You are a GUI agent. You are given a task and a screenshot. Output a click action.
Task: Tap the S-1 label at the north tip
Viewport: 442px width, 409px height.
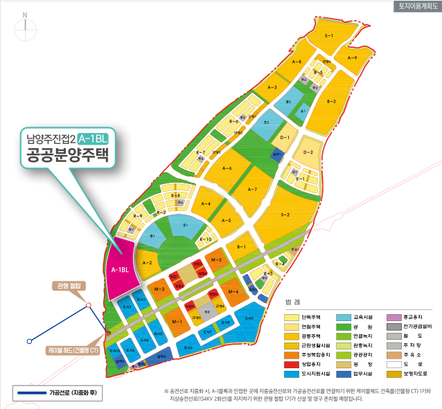(x=329, y=35)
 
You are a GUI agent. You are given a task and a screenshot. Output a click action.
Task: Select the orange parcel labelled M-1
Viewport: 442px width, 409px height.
(x=177, y=322)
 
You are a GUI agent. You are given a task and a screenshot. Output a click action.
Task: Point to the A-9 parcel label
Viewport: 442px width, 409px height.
(x=351, y=58)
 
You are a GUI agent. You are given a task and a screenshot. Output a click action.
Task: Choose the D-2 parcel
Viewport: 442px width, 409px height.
(x=308, y=152)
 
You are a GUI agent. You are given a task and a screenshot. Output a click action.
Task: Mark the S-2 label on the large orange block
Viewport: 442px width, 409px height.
(x=285, y=215)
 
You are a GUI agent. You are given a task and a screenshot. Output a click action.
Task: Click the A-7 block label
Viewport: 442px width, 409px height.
(x=252, y=189)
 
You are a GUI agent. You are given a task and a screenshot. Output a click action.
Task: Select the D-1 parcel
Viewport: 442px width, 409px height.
(x=284, y=138)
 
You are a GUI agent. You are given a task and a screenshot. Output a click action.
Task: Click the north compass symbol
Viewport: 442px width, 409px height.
(x=25, y=26)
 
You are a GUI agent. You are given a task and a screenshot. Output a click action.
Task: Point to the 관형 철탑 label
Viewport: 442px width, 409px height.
(x=69, y=285)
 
